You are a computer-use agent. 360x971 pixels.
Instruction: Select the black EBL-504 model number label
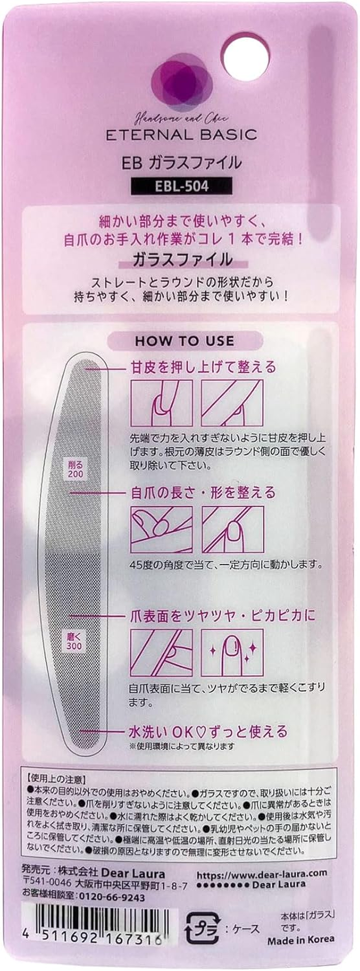pos(181,185)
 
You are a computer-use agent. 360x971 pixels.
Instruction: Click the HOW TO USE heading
pos(184,341)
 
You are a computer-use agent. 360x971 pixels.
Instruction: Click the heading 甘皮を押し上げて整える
pos(202,367)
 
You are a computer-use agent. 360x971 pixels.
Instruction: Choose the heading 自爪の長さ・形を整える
pos(202,492)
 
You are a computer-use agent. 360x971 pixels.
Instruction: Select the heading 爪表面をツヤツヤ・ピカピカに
pos(222,616)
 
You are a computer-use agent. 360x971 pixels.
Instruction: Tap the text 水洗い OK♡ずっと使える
pos(208,731)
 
